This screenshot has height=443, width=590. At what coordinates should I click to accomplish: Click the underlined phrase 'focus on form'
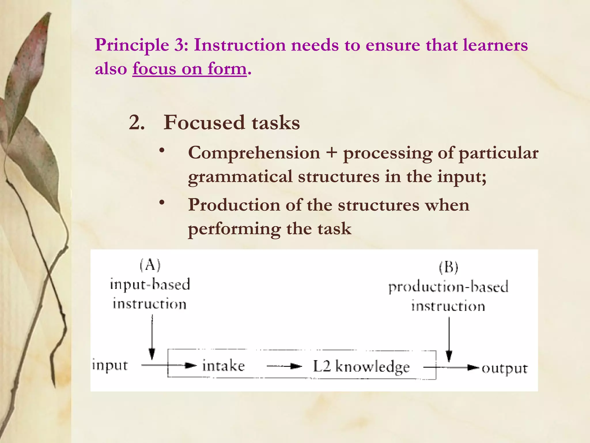point(190,69)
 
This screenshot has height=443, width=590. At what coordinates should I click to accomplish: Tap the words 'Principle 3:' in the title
point(141,45)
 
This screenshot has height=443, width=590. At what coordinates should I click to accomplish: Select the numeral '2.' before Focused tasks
point(137,123)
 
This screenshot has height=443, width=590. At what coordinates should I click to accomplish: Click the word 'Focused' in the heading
point(204,123)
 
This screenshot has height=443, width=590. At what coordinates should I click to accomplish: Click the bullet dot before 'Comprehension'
point(162,150)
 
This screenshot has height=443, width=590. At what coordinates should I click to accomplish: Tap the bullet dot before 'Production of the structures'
point(162,203)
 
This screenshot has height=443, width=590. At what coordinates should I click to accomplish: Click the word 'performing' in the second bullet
point(234,229)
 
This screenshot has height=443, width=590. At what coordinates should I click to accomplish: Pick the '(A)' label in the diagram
point(150,265)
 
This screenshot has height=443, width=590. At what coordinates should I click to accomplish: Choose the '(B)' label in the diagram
point(449,267)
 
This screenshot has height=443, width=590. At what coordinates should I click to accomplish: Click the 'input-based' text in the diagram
point(150,284)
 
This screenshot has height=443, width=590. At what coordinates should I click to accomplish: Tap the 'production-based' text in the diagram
point(448,287)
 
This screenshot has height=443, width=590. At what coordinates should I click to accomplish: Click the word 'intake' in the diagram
point(224,366)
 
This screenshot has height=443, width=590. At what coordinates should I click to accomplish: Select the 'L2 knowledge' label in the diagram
point(361,367)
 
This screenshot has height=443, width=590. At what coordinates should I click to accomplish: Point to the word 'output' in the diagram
point(505,368)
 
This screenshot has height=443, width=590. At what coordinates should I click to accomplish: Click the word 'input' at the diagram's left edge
point(110,365)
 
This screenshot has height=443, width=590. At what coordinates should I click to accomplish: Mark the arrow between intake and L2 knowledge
point(284,366)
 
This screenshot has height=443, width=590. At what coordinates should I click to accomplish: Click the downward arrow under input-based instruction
point(152,337)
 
